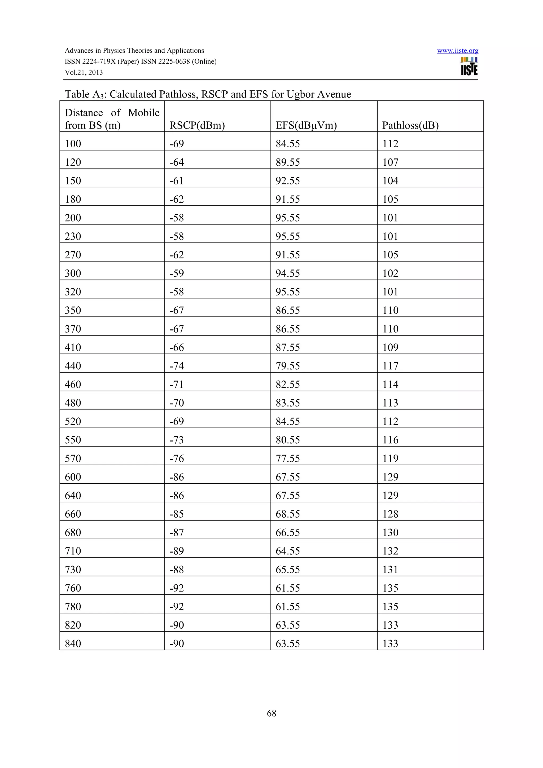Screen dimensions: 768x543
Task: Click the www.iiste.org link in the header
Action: coord(457,51)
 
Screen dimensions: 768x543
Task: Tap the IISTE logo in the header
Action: coord(469,67)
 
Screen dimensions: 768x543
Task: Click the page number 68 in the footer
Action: coord(271,713)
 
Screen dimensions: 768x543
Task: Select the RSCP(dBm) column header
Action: coord(197,125)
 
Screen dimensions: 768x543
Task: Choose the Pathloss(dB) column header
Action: coord(410,125)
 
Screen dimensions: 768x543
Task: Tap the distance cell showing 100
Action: coord(73,144)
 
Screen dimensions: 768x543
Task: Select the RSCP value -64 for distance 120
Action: coord(177,162)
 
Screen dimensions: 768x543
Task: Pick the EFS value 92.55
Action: coord(288,181)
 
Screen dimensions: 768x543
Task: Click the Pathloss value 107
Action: coord(391,162)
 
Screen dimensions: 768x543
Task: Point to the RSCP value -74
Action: coord(177,366)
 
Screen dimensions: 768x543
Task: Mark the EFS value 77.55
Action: coord(288,458)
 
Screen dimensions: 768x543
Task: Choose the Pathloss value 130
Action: coord(391,532)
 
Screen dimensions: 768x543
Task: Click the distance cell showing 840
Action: coord(73,643)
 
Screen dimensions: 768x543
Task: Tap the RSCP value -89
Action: coord(177,551)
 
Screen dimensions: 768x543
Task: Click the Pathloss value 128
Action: coord(391,514)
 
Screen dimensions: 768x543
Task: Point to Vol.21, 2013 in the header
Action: coord(84,73)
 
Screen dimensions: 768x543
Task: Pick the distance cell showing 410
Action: coord(73,347)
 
